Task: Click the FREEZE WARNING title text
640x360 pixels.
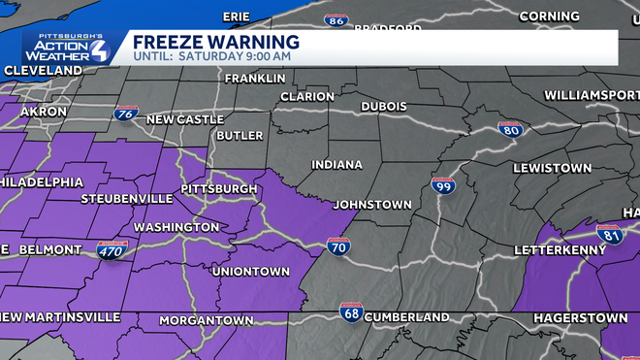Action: coord(215,42)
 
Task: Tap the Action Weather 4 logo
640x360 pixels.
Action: coord(68,48)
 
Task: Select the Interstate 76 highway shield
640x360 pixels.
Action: coord(124,114)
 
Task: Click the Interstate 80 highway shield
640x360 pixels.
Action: coord(511,128)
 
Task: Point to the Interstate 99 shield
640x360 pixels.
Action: coord(443,184)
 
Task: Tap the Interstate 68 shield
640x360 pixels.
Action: coord(351,312)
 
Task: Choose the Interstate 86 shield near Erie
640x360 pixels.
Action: coord(336,20)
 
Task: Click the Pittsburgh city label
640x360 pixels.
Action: coord(219,188)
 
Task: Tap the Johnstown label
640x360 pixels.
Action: coord(371,205)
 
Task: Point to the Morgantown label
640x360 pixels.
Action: coord(206,319)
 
